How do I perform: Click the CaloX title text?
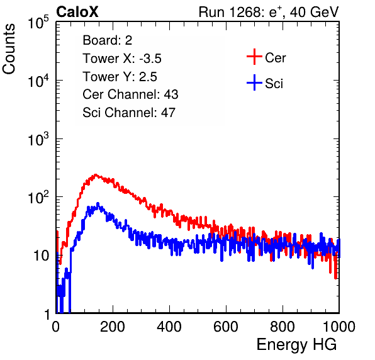(77, 12)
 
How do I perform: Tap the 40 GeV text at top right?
(314, 12)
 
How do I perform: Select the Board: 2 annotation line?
(107, 40)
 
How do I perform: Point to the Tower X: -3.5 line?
(122, 59)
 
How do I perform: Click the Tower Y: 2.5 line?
(120, 77)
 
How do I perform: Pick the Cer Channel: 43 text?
(130, 94)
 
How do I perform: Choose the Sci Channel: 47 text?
(129, 113)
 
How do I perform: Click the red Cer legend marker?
(254, 57)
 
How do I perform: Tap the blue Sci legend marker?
(254, 83)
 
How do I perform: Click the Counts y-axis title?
(9, 49)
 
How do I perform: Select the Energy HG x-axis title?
(296, 345)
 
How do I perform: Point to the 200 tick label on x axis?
(113, 327)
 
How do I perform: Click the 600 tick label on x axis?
(226, 327)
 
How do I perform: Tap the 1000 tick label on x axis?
(339, 327)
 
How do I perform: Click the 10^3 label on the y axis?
(38, 138)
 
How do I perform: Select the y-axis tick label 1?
(47, 314)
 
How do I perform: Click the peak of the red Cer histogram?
(96, 175)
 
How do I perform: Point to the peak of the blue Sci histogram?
(98, 203)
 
